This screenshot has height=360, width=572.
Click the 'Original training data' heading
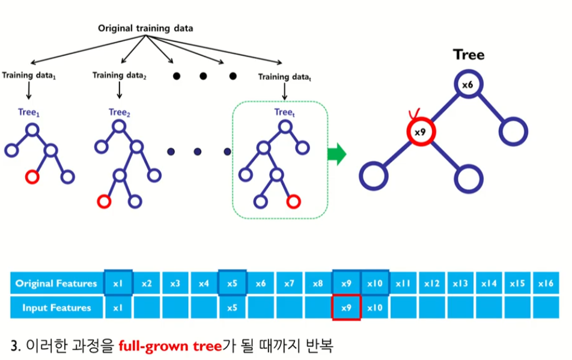[x=146, y=28]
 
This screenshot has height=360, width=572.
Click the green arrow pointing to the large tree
[x=337, y=154]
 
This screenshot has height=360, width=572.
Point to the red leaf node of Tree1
[x=32, y=177]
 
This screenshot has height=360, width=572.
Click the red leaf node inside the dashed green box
[x=293, y=201]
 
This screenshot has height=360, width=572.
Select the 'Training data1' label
[x=28, y=76]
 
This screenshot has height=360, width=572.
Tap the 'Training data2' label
[x=120, y=75]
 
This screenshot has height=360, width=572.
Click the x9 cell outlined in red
[x=347, y=308]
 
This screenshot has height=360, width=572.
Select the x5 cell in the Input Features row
[x=232, y=308]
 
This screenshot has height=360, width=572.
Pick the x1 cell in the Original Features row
[x=118, y=283]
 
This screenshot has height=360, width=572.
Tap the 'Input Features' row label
[x=56, y=308]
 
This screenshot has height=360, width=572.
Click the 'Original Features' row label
[x=56, y=283]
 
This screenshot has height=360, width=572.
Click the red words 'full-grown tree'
[x=162, y=346]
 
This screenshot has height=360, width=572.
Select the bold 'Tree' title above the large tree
[x=469, y=55]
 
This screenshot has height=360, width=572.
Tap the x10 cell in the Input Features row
[x=375, y=308]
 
